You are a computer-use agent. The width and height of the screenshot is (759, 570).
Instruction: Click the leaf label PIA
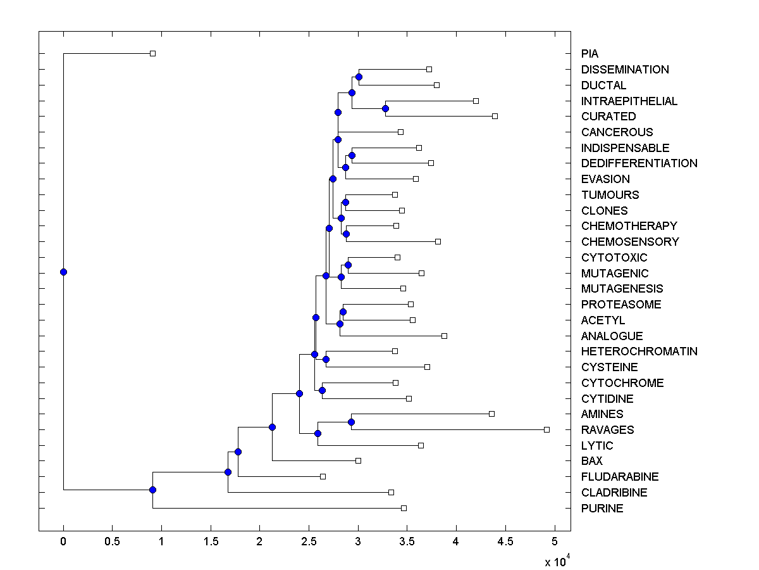589,54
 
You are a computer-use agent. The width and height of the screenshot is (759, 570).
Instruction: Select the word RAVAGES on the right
607,430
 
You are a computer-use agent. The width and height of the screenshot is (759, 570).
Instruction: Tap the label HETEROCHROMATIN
639,351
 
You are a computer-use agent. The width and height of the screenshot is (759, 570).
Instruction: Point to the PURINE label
602,509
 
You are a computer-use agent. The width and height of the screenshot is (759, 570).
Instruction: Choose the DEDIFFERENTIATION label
639,163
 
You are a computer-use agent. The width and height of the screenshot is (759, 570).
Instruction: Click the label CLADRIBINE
614,493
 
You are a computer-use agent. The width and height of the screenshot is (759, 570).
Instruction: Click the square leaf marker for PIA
152,53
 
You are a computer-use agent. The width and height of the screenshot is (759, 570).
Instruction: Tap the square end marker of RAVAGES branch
546,429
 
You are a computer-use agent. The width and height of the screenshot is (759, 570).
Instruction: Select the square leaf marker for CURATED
495,116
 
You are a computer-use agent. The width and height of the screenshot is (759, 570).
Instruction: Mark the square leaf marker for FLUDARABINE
323,476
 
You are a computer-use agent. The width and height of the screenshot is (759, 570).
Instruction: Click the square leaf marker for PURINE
404,508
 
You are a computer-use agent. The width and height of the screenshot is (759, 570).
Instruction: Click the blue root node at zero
63,272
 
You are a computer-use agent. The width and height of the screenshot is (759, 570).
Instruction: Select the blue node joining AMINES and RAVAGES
352,422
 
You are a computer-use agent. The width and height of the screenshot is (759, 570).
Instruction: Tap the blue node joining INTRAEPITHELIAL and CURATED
385,108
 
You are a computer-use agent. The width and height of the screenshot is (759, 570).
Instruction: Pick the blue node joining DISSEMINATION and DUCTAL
359,77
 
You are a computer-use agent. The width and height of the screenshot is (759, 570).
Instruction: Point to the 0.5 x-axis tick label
112,541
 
